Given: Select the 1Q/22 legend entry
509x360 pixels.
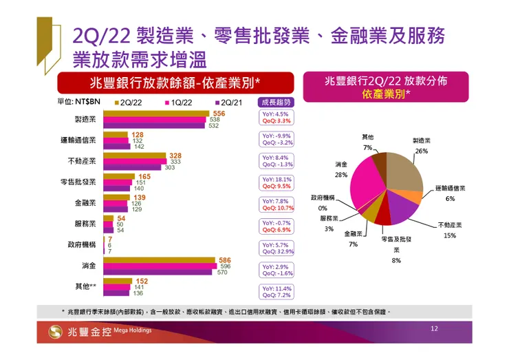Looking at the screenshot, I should coord(179,102).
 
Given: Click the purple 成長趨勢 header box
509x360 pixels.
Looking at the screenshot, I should coord(277,102).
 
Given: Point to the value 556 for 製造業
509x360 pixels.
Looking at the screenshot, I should coord(219,113).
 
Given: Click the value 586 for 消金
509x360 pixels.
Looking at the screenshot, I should coord(224,261).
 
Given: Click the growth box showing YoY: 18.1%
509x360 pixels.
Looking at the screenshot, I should coord(277,182).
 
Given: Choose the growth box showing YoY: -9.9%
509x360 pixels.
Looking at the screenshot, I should coord(277,139).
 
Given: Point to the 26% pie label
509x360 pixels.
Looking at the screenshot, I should coord(422,150).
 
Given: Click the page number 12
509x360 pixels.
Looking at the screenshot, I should coord(434,328).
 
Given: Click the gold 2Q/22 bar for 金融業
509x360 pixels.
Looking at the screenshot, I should coord(116,198).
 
